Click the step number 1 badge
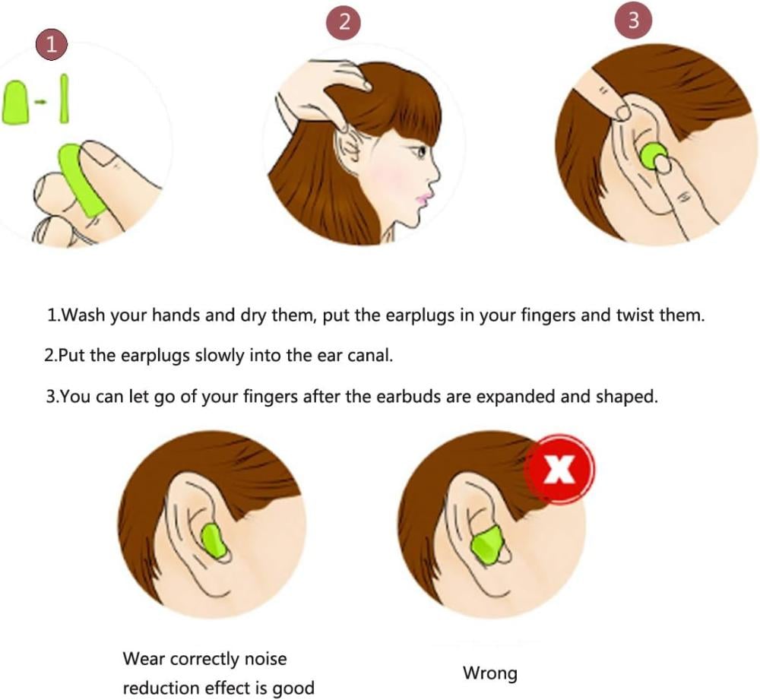(51, 45)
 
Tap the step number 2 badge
(344, 22)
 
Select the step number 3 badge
(633, 21)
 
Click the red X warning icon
(561, 469)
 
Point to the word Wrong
(490, 673)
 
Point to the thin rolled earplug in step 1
(64, 99)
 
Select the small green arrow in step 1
(43, 102)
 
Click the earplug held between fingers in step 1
(81, 180)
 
